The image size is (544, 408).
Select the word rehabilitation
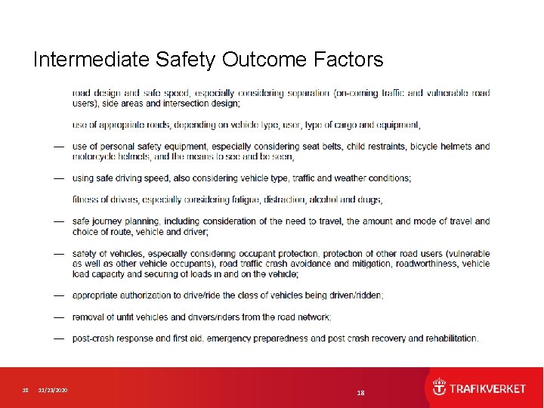pyautogui.click(x=451, y=338)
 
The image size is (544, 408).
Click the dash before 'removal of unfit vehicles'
pyautogui.click(x=58, y=317)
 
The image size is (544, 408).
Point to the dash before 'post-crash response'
pyautogui.click(x=58, y=338)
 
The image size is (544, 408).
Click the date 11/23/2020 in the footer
pyautogui.click(x=54, y=390)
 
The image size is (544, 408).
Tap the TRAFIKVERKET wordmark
pyautogui.click(x=488, y=388)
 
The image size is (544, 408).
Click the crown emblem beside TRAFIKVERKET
pyautogui.click(x=439, y=388)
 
